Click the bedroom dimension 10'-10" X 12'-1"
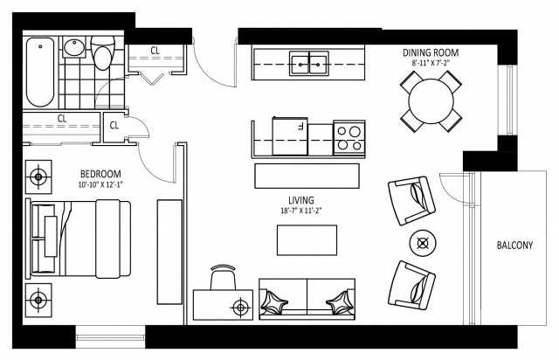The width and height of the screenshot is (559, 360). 101,184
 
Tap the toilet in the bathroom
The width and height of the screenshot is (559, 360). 106,57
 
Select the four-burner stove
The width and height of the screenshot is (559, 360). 348,137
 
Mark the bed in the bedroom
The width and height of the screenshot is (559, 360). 80,237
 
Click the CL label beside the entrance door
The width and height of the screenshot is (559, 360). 154,51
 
